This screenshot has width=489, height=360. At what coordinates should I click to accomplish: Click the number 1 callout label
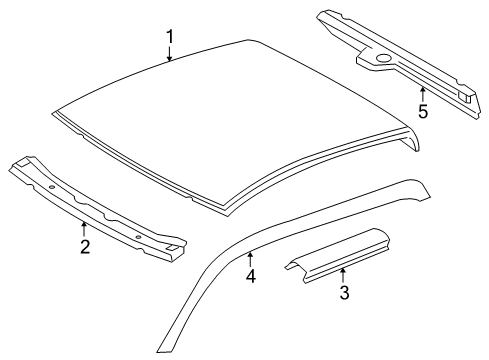(x=170, y=37)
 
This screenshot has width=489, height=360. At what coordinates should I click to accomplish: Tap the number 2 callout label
(x=84, y=246)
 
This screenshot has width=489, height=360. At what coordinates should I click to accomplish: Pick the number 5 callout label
(x=423, y=111)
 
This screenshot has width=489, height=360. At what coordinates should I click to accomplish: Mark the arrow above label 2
(x=84, y=229)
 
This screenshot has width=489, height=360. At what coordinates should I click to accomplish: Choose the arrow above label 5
(x=423, y=93)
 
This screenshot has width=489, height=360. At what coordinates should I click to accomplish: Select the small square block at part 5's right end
(x=464, y=96)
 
